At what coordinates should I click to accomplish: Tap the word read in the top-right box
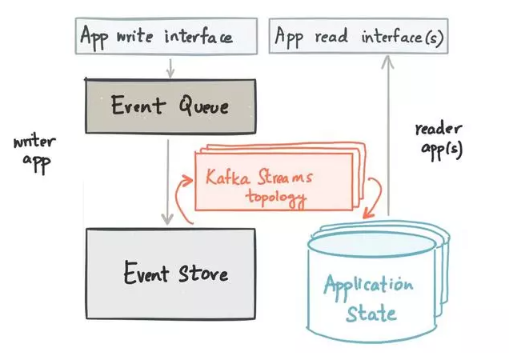[331, 36]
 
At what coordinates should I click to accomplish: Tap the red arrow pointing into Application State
[373, 201]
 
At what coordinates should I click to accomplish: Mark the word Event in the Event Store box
[146, 274]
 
